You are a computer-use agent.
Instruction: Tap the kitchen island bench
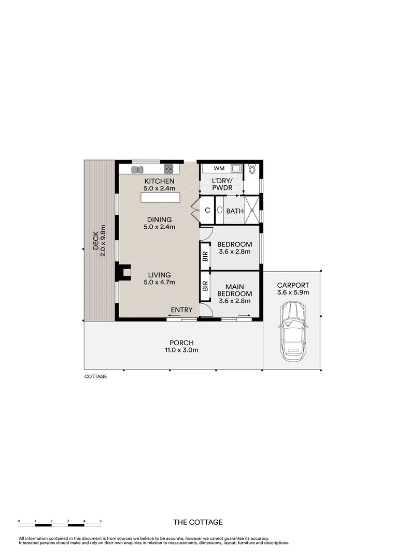pos(160,198)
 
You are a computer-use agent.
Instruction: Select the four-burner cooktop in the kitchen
pos(168,168)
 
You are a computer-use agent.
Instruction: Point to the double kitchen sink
pos(137,169)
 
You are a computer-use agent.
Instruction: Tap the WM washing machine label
pos(219,168)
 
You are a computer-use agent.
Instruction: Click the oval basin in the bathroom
pos(220,210)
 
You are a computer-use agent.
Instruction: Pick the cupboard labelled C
pos(207,210)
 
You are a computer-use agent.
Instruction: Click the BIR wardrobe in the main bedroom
pos(205,286)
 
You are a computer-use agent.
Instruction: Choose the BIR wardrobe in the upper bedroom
pos(205,255)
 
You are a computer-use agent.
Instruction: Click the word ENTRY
pos(181,310)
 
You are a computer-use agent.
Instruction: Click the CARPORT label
pos(293,285)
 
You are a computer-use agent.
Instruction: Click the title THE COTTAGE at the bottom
pos(197,522)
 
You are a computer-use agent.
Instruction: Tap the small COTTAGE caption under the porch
pos(95,376)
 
